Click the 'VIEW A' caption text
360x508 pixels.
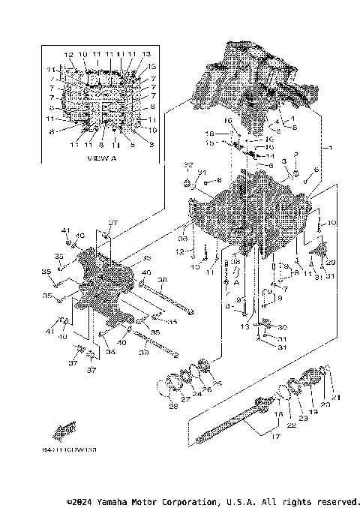pyautogui.click(x=102, y=159)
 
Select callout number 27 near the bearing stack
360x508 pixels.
pyautogui.click(x=184, y=398)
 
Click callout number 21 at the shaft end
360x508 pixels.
pyautogui.click(x=336, y=397)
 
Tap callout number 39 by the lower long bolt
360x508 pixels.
pyautogui.click(x=142, y=350)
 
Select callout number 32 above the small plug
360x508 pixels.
pyautogui.click(x=189, y=164)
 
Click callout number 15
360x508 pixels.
pyautogui.click(x=211, y=142)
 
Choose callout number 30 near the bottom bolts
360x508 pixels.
pyautogui.click(x=283, y=327)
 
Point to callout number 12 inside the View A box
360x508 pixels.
pyautogui.click(x=68, y=55)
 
